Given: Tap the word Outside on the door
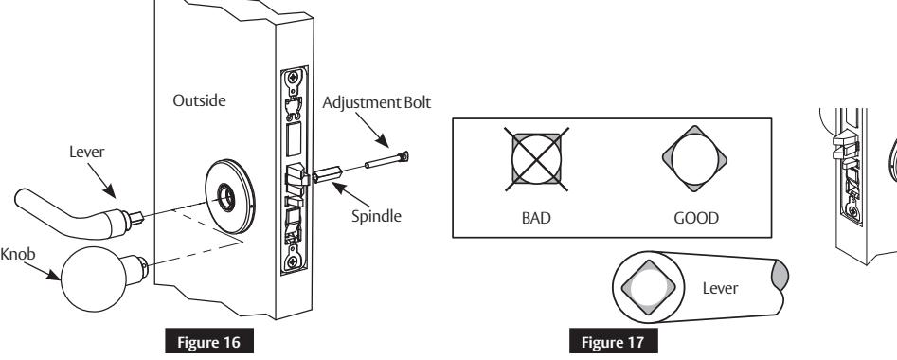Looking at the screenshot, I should [x=196, y=102].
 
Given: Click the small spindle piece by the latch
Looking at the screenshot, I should [x=329, y=175].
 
